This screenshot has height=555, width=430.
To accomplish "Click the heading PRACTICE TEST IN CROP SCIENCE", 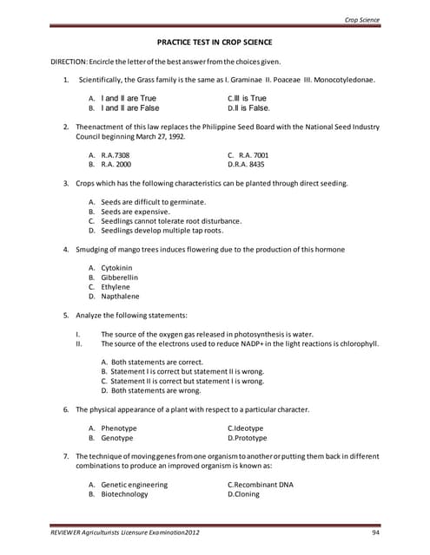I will click(214, 42).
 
